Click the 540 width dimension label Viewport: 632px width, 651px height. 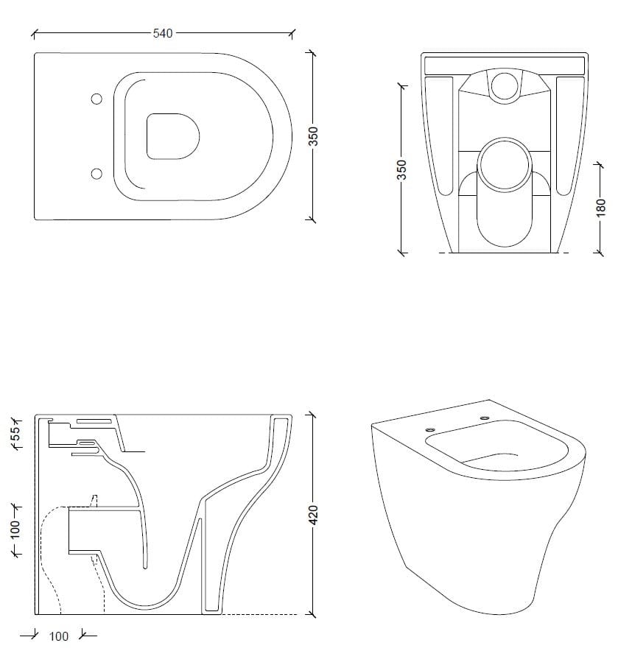(x=162, y=33)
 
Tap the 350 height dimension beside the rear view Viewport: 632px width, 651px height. (x=401, y=169)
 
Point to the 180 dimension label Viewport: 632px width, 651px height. (x=600, y=208)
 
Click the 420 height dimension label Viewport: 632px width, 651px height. (x=313, y=514)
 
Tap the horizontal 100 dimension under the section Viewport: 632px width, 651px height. (x=58, y=636)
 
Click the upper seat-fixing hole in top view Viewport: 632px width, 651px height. (x=96, y=99)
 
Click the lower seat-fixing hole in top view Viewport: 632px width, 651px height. (x=96, y=173)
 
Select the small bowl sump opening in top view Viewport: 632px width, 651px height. (x=174, y=136)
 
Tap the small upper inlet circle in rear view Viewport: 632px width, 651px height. (x=505, y=85)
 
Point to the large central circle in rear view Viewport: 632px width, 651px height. (x=505, y=164)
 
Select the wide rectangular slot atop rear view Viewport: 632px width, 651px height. (x=505, y=63)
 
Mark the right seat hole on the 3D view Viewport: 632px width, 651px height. (x=485, y=419)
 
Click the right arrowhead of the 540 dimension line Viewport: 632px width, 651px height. (x=292, y=33)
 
